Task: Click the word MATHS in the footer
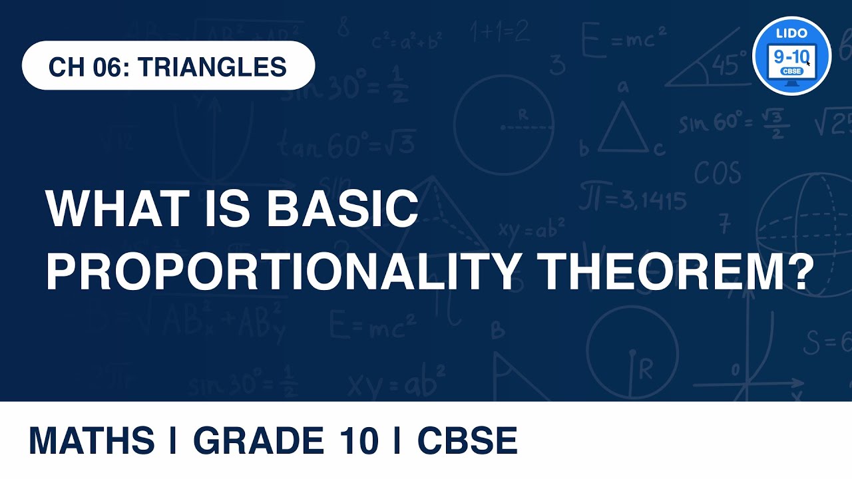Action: pos(91,441)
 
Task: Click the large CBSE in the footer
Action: pos(467,441)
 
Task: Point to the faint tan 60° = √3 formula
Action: pos(346,145)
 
